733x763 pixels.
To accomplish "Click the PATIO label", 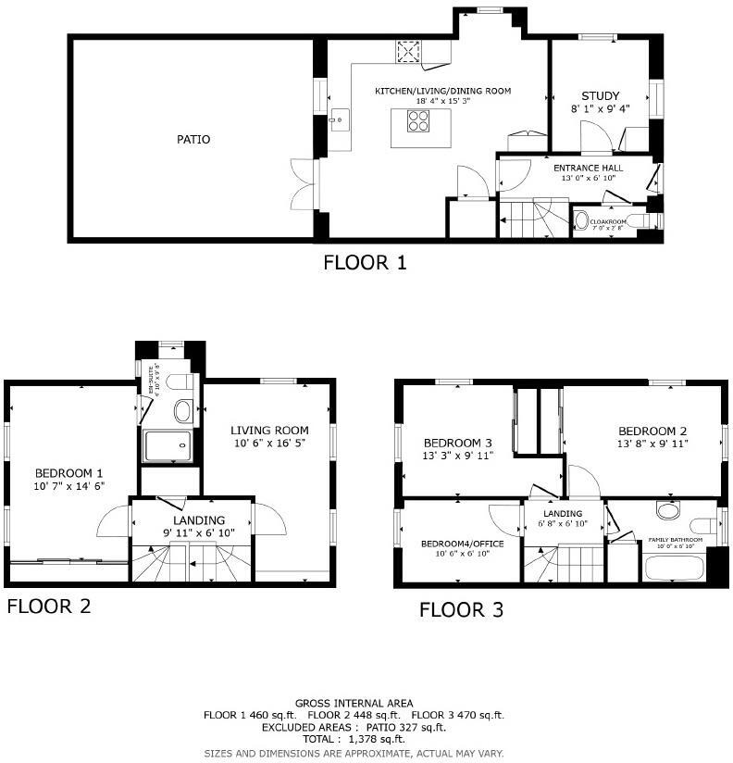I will click(x=193, y=140).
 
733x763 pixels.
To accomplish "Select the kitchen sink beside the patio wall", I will click(x=338, y=119).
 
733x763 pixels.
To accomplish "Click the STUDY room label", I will click(x=600, y=96).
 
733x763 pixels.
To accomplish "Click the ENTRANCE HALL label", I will click(x=588, y=168).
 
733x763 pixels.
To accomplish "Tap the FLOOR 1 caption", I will click(x=365, y=262).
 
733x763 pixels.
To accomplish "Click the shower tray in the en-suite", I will click(x=168, y=446).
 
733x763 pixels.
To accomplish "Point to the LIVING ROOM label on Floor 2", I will click(x=269, y=431).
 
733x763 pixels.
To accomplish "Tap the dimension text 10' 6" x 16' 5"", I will click(x=269, y=444).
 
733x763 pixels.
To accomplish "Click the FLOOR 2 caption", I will click(x=49, y=607).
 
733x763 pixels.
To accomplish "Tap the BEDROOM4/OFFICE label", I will click(x=462, y=544).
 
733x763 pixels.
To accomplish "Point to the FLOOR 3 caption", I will click(x=461, y=609).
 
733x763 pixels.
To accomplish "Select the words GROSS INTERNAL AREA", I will click(x=354, y=704).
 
